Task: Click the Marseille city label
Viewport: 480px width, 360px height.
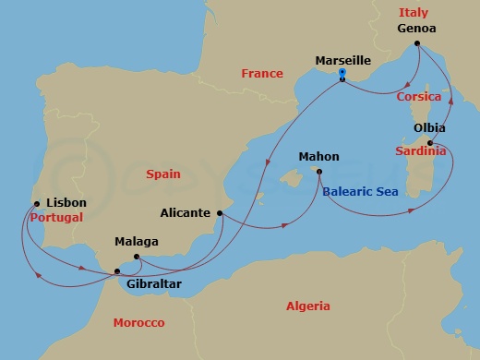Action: [343, 60]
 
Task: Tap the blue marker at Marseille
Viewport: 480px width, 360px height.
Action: [342, 74]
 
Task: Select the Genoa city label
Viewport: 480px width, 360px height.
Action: [416, 28]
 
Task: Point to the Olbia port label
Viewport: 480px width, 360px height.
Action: [429, 128]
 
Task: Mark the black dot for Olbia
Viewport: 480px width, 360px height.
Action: [431, 142]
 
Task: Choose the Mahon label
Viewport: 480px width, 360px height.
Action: [318, 157]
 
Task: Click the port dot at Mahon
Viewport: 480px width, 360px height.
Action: [318, 172]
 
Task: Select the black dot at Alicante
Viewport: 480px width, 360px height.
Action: [220, 213]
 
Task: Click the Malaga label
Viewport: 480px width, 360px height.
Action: [136, 242]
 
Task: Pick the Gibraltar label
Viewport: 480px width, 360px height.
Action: [153, 284]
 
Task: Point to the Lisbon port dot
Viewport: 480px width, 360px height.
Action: [36, 204]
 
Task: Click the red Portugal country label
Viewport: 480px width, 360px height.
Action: [55, 218]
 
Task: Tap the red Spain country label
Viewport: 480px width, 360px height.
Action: [163, 174]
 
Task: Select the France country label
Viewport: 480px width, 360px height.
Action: [261, 74]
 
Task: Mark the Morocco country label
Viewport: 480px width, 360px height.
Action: [138, 323]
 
